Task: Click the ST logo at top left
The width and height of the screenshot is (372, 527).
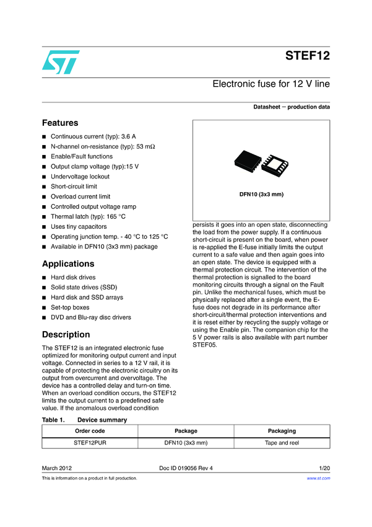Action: coord(61,61)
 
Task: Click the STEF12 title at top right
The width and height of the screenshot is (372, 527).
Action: coord(307,55)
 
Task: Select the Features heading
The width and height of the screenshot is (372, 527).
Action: coord(59,123)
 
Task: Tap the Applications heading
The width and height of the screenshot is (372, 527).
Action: coord(69,263)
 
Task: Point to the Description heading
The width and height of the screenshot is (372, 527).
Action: coord(66,335)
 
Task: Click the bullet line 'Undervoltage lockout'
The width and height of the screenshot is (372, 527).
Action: coord(80,177)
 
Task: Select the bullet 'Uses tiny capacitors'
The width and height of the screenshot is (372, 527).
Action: coord(79,226)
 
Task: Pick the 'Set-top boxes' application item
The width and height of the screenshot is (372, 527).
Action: coord(70,308)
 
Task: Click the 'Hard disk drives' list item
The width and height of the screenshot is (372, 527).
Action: coord(73,278)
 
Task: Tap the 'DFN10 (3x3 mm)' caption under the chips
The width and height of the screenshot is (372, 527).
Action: coord(261,195)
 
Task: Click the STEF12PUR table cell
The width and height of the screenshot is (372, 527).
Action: coord(90,443)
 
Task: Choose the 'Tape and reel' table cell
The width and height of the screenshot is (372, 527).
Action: coord(282,443)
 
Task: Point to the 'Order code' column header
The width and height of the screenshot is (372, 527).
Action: coord(90,431)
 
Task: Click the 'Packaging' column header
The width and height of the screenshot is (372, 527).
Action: coord(282,431)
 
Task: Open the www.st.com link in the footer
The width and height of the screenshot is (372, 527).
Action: coord(319,479)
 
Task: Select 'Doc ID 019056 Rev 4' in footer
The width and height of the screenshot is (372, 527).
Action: coord(186,467)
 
